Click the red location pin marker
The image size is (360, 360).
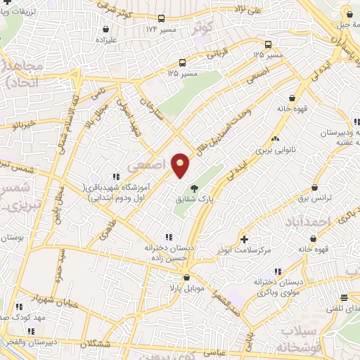(x=181, y=166)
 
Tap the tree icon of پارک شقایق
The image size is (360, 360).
(x=194, y=188)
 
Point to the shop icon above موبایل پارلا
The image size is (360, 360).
(x=186, y=278)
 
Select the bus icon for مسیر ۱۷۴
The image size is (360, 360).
(x=162, y=19)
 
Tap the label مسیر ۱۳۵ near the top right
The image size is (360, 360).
(x=268, y=55)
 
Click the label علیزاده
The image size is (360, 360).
(x=105, y=41)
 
